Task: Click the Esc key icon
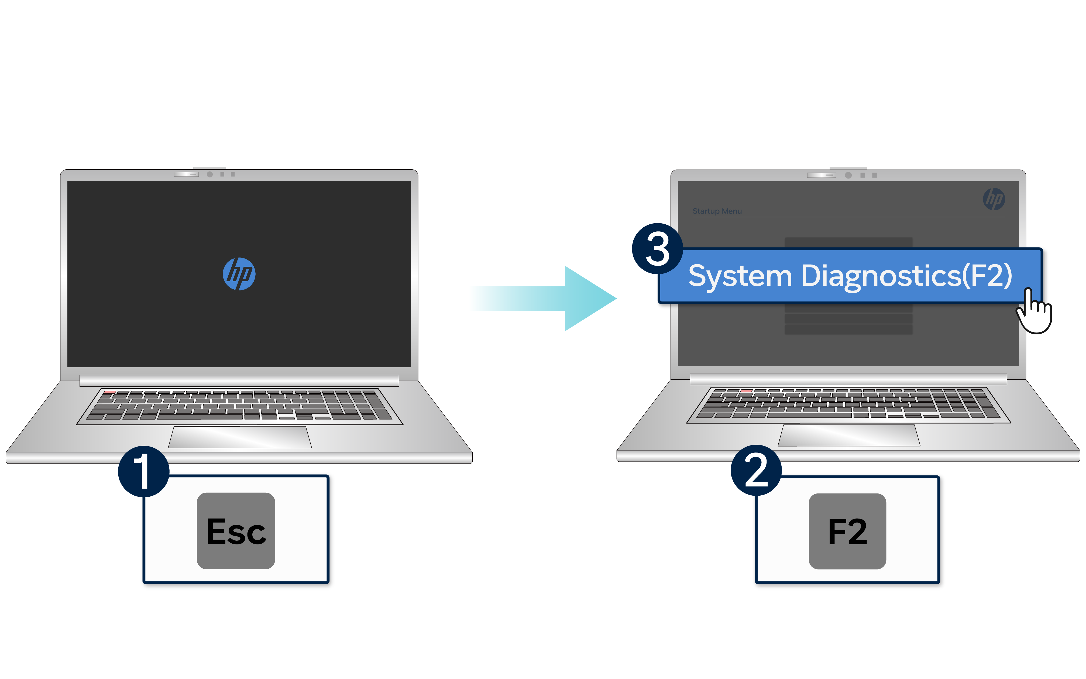click(x=236, y=531)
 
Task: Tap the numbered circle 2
click(x=756, y=470)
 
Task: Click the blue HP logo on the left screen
click(x=239, y=274)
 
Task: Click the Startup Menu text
click(x=717, y=211)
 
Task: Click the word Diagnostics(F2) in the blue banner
click(x=906, y=276)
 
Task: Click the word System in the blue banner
click(x=740, y=276)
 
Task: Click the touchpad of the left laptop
click(x=240, y=437)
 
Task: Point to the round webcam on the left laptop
click(x=210, y=174)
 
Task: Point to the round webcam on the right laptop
click(x=848, y=175)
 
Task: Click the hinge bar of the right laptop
click(x=848, y=379)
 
